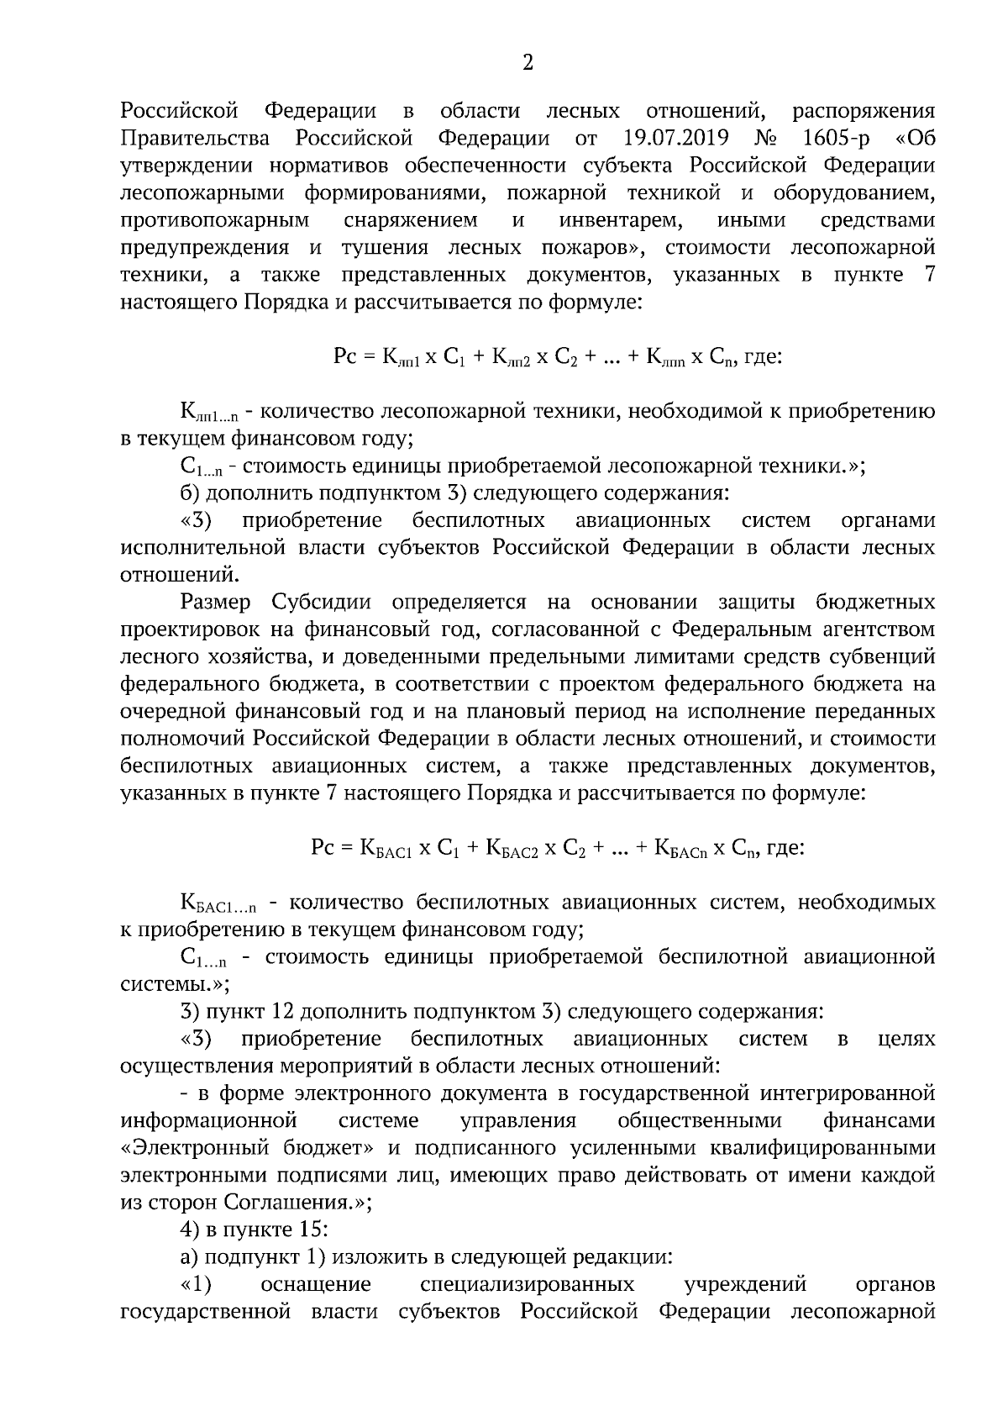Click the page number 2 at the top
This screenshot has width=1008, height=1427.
click(x=528, y=63)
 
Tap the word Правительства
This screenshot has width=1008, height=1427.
click(x=195, y=138)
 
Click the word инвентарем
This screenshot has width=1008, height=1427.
click(x=619, y=220)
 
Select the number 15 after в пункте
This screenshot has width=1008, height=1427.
click(x=307, y=1230)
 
